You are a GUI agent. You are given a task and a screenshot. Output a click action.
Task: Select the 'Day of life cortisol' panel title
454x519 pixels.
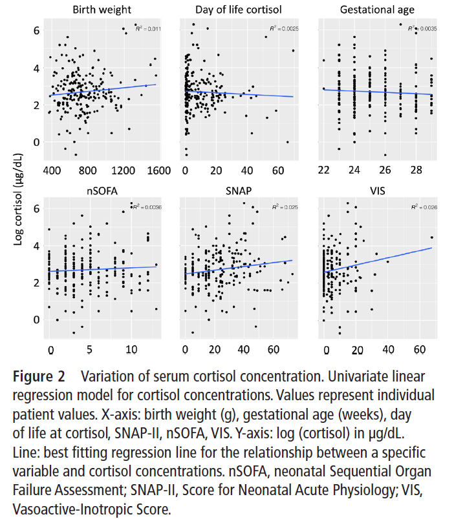[238, 10]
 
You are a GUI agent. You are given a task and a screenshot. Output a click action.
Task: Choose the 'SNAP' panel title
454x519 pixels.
[238, 190]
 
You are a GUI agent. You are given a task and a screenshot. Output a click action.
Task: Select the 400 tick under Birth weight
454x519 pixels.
[52, 171]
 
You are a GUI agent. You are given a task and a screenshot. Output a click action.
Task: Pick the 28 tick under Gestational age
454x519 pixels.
[418, 171]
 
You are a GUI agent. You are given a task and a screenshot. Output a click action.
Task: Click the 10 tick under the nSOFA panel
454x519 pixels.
[131, 349]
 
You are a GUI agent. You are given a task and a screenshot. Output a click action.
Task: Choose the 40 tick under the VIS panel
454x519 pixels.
[388, 349]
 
